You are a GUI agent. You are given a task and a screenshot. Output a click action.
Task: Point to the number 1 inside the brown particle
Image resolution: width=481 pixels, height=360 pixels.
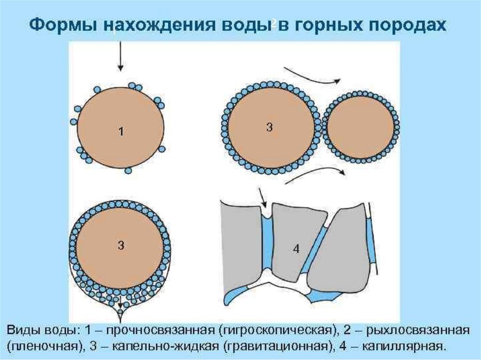[x=121, y=132]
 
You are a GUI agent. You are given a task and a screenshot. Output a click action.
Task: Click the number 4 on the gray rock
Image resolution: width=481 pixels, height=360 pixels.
[x=296, y=249]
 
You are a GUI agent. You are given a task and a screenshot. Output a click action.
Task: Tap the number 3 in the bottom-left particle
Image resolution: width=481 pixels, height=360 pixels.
[x=121, y=245]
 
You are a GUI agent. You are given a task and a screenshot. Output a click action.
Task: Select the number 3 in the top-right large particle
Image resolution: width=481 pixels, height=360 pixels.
[x=269, y=127]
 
